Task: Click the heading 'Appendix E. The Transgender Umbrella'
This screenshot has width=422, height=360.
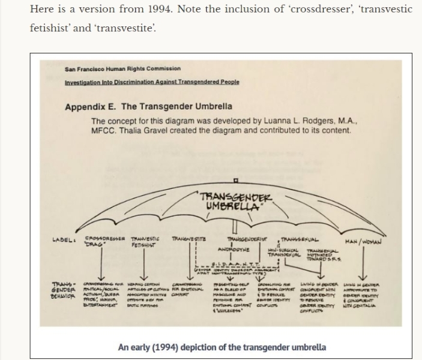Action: click(148, 107)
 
